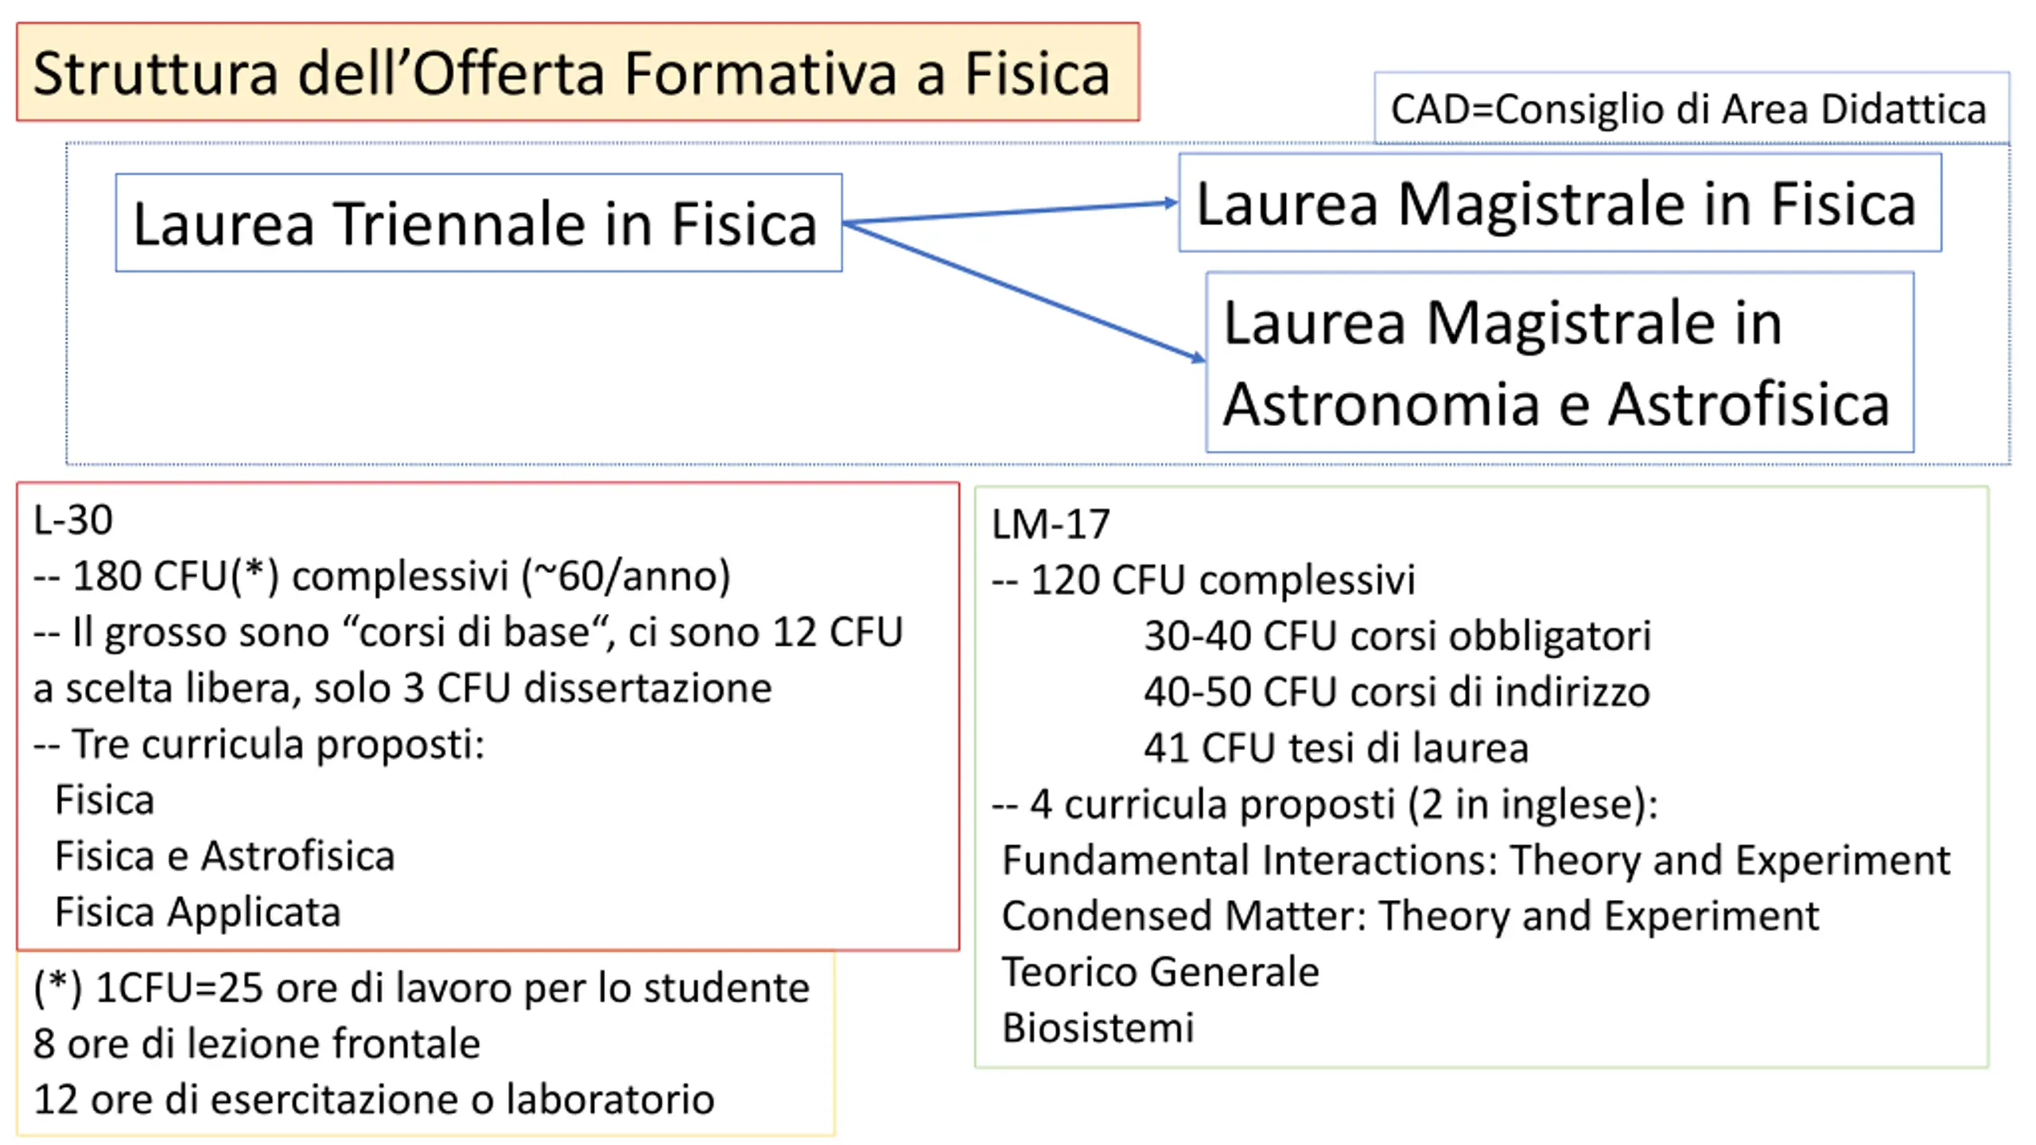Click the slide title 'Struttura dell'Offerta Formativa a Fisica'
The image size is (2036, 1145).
[571, 73]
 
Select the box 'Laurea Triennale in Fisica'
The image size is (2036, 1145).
[477, 223]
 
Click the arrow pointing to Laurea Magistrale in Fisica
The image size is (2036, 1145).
[1010, 212]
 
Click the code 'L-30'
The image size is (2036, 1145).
[73, 520]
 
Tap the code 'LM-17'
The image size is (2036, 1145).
[1050, 525]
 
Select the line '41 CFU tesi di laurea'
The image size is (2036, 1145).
[1336, 748]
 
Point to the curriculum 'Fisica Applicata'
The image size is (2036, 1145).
[198, 912]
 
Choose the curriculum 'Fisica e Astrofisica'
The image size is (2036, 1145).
[225, 856]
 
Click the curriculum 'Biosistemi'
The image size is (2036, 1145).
[1098, 1027]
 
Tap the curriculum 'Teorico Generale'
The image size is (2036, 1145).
[1160, 972]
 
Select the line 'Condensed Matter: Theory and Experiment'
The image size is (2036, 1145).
[1409, 916]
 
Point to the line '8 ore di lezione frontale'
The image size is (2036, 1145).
[257, 1044]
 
